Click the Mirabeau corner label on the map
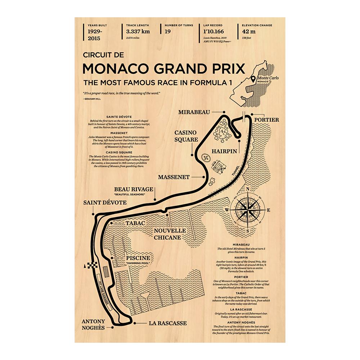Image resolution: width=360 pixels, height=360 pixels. tap(194, 112)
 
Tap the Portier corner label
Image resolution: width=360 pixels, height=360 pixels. tap(266, 120)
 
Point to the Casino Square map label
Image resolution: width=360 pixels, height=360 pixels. tap(186, 136)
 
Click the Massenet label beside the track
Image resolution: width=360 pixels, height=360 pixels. tap(174, 177)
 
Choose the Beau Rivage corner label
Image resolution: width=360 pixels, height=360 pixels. tap(134, 189)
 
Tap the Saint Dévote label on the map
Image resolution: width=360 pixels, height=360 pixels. tap(105, 203)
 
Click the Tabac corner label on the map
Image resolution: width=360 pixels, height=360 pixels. tap(135, 224)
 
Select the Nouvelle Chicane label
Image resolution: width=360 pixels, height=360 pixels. tap(170, 234)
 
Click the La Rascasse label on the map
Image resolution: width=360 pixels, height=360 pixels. tap(168, 323)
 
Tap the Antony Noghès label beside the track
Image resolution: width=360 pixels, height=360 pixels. tap(93, 324)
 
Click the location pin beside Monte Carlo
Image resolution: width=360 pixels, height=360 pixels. tap(253, 78)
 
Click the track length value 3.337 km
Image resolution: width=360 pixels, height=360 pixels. tap(138, 31)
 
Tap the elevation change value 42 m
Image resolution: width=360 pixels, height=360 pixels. tap(248, 31)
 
